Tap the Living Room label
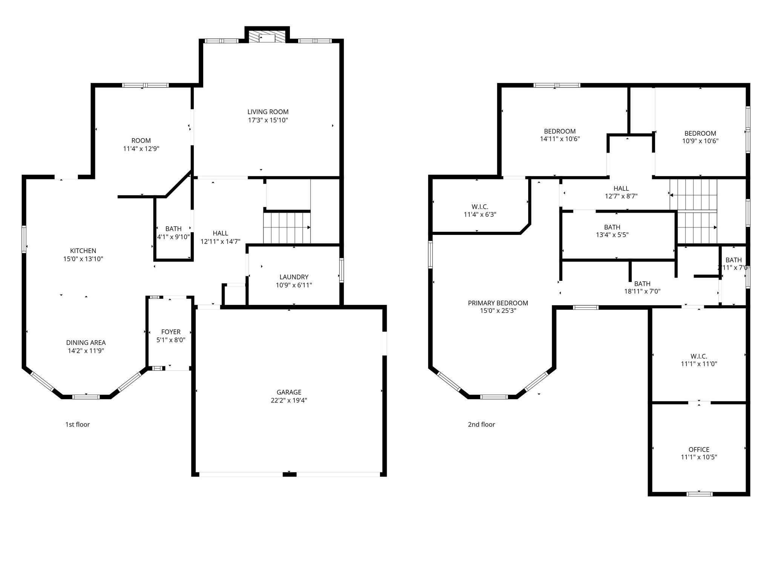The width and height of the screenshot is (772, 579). (x=268, y=112)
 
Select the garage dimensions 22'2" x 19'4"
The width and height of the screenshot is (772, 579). (x=289, y=400)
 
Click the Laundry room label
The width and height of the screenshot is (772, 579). (x=294, y=277)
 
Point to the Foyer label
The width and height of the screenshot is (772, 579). (x=171, y=332)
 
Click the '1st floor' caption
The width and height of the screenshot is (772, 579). (x=78, y=424)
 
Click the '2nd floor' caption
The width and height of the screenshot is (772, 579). (x=481, y=424)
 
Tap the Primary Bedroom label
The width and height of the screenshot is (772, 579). (x=498, y=303)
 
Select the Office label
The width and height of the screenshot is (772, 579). (x=699, y=449)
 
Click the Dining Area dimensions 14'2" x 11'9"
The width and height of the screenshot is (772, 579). (x=86, y=351)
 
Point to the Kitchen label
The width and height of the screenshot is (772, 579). (x=83, y=251)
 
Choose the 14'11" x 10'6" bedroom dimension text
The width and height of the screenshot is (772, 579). (x=560, y=139)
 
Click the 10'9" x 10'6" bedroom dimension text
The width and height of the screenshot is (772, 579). (x=700, y=141)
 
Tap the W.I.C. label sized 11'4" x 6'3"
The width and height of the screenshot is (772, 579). (x=480, y=207)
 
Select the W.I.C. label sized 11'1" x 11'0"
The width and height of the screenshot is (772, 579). (x=699, y=356)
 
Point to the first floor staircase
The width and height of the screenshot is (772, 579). (x=286, y=228)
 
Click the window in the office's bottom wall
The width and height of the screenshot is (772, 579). (x=700, y=493)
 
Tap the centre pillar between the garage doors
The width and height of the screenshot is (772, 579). (x=289, y=474)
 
